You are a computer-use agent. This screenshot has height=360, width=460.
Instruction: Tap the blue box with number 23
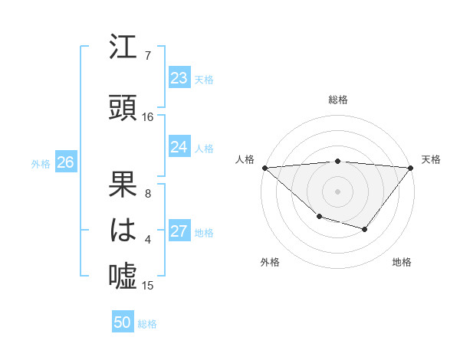point(179,78)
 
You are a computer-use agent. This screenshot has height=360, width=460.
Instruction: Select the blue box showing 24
point(179,147)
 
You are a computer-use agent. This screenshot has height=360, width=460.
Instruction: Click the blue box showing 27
point(179,232)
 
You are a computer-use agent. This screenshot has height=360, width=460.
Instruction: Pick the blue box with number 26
point(65,162)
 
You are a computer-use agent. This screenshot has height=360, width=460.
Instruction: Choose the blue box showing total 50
point(123,322)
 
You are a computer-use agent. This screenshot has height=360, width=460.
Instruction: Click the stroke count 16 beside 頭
point(148,117)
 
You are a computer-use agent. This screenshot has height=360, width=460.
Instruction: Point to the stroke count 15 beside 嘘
point(148,286)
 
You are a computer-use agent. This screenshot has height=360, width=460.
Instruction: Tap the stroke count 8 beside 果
point(148,194)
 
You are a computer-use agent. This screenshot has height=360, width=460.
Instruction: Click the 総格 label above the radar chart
point(337,100)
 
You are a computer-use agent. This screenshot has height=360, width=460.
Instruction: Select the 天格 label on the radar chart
point(432,159)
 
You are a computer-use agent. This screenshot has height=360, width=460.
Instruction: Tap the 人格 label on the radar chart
point(245,159)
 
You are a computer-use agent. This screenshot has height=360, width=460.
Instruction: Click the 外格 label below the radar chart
point(270,262)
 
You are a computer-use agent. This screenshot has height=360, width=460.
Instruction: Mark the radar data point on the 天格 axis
point(411,167)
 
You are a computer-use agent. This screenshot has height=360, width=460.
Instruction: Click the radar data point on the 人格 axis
point(264,167)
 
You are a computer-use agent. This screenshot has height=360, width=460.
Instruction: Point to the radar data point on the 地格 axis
point(365,229)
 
